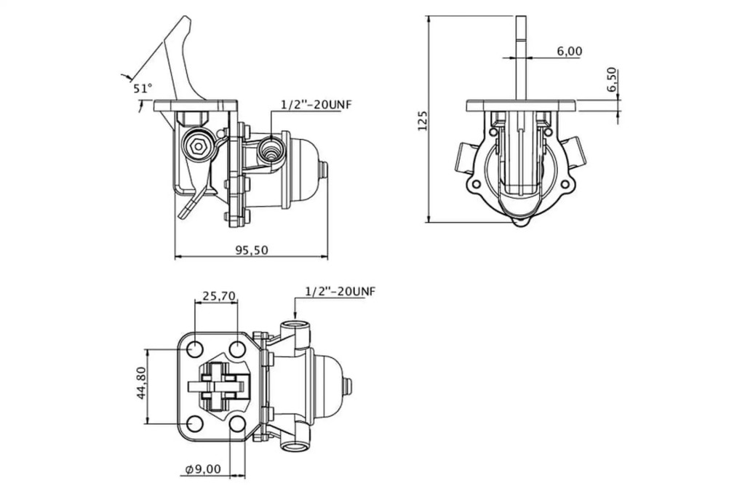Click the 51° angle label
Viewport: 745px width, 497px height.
143,88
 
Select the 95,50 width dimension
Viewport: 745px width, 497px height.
251,250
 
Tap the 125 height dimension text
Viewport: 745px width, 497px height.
423,121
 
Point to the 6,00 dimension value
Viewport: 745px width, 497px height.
569,51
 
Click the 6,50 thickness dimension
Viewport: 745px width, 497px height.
611,79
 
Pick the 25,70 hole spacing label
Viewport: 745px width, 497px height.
219,295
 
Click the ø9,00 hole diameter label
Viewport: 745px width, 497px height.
204,469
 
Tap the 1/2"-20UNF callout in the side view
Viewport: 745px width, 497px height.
316,105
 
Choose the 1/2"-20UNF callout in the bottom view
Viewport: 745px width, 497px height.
340,291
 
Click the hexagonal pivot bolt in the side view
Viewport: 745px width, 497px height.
196,147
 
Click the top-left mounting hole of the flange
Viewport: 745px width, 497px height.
195,350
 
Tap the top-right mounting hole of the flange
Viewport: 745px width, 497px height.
237,350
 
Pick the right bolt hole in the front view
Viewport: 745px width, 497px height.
565,184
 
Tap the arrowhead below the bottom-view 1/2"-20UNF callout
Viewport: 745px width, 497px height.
295,315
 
